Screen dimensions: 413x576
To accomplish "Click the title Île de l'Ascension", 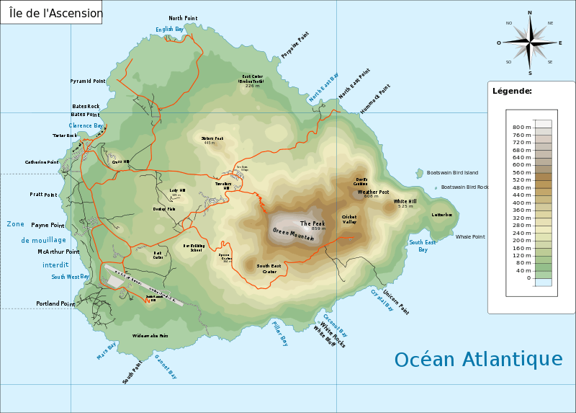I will coord(51,12).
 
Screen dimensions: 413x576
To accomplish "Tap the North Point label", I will coord(183,18).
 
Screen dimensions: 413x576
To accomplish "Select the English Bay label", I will coord(171,30).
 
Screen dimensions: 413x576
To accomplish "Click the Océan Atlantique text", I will coord(478,359).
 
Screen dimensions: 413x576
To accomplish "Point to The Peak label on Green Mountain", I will coord(312,223).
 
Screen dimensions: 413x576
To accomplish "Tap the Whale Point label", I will coord(470,236).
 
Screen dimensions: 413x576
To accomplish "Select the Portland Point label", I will coord(55,303).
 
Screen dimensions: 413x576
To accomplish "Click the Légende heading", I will coord(512,91).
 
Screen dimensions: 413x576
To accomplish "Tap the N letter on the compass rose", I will coord(530,12).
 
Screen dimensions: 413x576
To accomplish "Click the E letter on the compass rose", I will coord(560,43).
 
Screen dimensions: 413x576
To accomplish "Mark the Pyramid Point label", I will coord(88,81).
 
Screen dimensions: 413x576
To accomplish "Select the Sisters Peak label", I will coord(212,138).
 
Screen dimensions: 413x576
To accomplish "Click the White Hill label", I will coord(405,201).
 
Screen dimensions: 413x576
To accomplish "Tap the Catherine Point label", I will coord(42,162).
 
